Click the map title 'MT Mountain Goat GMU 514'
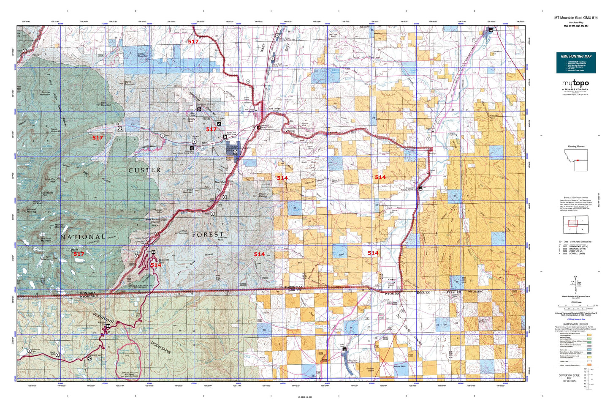pos(576,18)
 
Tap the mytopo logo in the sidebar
pos(576,84)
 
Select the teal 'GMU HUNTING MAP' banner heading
pos(576,56)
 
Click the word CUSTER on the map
pos(144,170)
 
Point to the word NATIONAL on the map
pos(83,237)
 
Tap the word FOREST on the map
pos(208,234)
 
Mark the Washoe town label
pos(291,131)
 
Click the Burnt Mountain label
pos(130,83)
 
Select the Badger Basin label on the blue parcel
pos(399,366)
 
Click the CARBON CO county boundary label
pos(295,287)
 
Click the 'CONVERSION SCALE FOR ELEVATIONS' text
pos(569,378)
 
